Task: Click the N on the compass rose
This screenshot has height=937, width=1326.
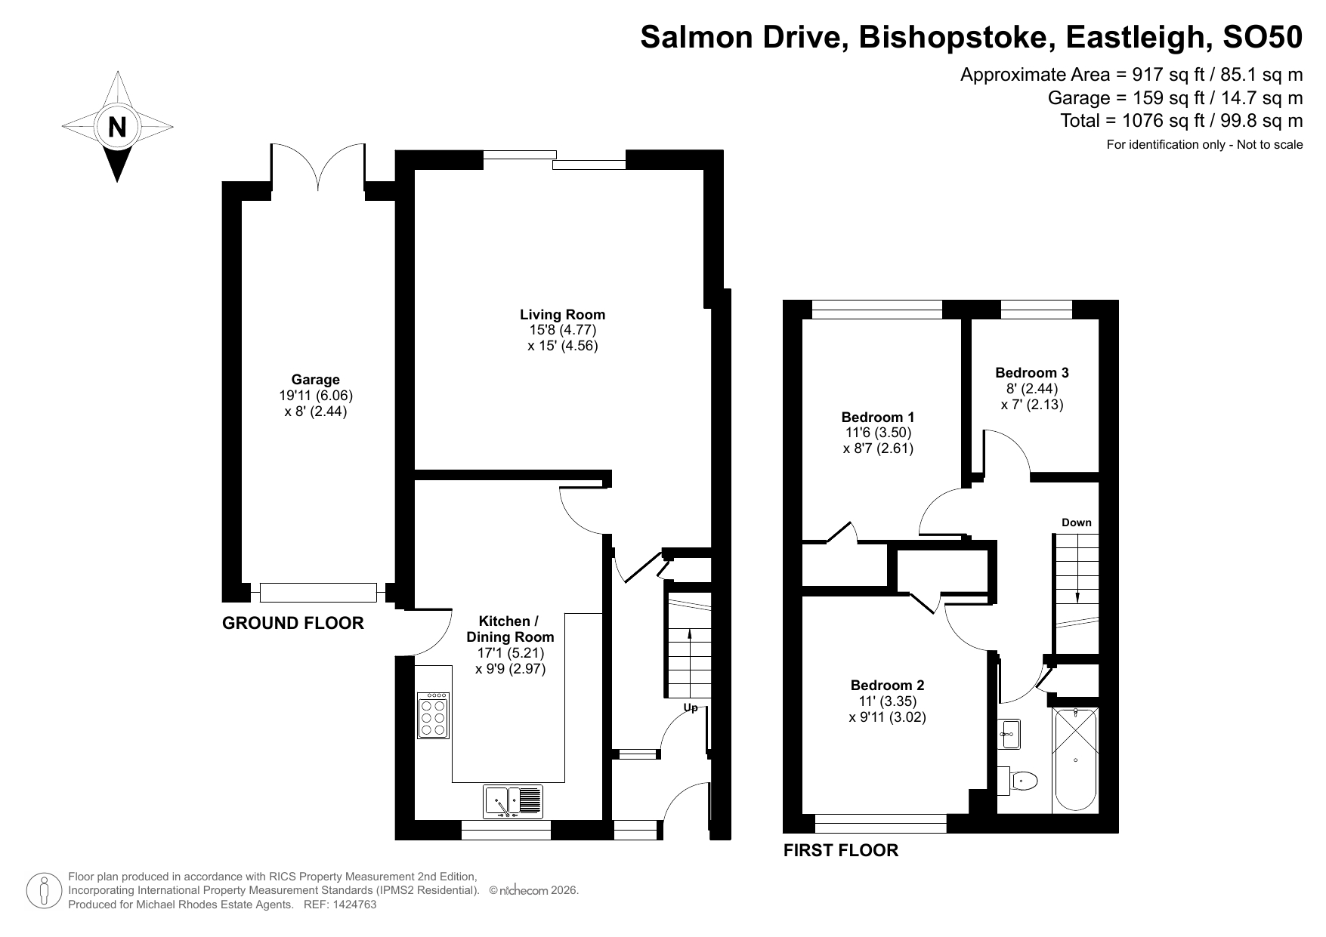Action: [117, 127]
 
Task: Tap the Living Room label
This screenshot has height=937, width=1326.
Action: [562, 315]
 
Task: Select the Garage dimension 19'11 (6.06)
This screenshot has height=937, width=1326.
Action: [315, 396]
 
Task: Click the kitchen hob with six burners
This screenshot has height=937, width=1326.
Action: [434, 715]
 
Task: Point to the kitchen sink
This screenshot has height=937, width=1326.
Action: [513, 801]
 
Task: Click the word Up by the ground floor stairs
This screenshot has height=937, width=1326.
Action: [691, 708]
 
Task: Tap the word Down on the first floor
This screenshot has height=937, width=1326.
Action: [1076, 522]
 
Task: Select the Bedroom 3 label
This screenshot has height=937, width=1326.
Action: [1031, 372]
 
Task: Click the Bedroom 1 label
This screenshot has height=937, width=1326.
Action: [878, 417]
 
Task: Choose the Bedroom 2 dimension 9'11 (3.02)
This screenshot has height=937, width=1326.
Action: [887, 717]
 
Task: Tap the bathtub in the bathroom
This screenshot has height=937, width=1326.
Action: [1074, 760]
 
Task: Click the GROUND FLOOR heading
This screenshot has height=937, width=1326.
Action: [293, 623]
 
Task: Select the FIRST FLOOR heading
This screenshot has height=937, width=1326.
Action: [840, 851]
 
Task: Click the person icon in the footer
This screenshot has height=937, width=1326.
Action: [44, 890]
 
